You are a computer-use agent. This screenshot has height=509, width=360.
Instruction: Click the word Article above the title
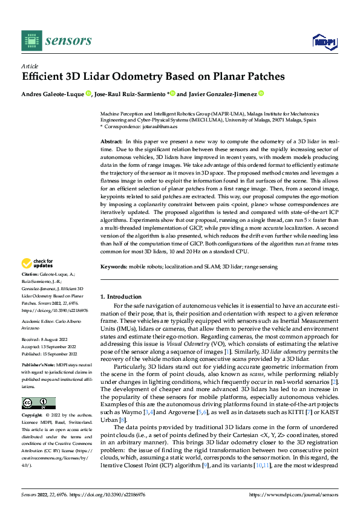(29, 66)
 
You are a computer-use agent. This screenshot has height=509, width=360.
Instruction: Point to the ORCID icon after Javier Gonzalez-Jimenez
(261, 94)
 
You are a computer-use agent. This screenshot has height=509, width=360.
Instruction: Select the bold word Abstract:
(113, 140)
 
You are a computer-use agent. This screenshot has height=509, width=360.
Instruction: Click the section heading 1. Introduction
(120, 297)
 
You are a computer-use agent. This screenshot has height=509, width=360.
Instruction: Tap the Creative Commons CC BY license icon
(38, 403)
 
